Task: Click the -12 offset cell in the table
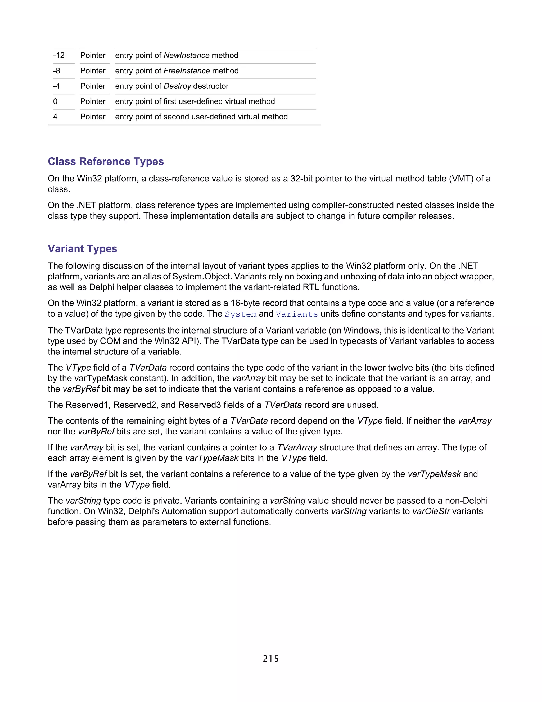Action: (59, 56)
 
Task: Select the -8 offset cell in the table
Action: (57, 71)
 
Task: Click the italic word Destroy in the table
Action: (177, 86)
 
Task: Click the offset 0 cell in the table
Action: (55, 101)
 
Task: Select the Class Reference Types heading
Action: (106, 161)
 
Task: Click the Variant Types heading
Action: (83, 248)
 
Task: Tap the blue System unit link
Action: (241, 314)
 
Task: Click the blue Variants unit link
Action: (297, 314)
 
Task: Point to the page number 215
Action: (271, 659)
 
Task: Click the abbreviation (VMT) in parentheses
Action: (461, 179)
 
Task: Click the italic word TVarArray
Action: (297, 447)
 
